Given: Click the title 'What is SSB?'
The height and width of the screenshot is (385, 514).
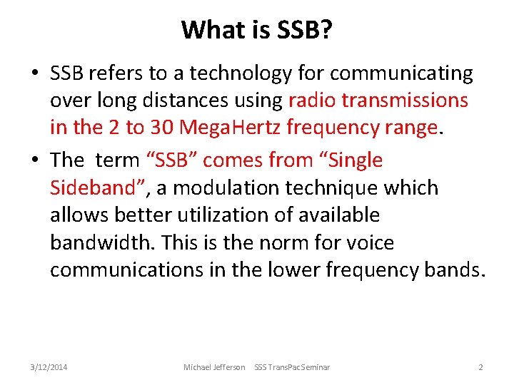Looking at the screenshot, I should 256,29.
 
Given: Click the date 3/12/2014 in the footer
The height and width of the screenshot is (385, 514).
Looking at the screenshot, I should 49,367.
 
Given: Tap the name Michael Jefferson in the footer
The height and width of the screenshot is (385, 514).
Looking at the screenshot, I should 214,367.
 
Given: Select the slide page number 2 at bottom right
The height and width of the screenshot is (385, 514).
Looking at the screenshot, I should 480,367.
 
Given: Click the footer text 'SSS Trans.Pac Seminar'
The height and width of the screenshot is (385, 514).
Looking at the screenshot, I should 292,367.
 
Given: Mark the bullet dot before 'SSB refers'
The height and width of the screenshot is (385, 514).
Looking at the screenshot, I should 35,74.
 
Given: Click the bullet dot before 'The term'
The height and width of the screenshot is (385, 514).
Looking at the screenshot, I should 35,161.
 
